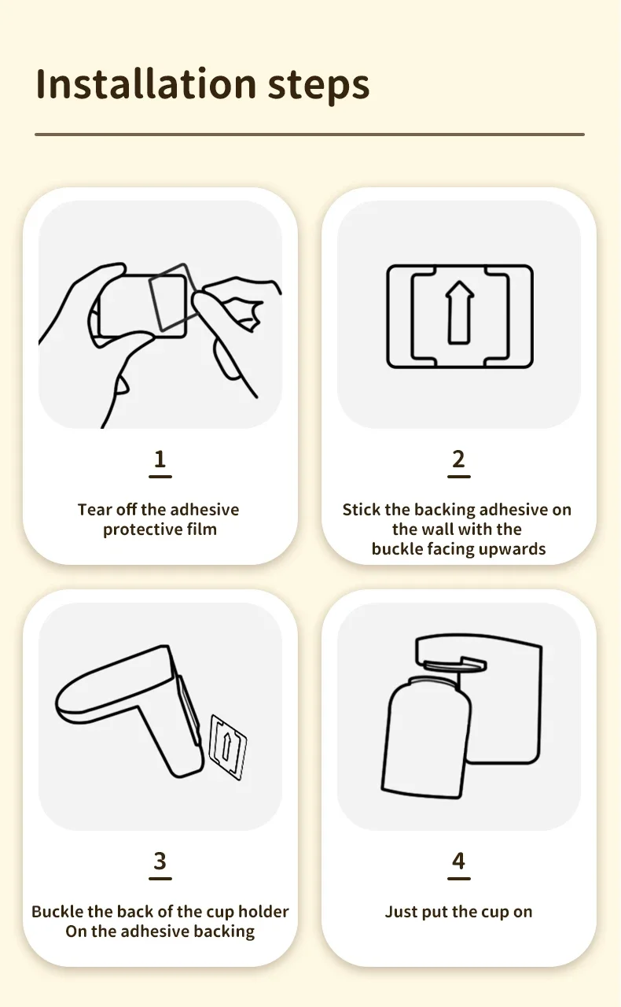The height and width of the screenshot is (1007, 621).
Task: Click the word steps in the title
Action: click(x=318, y=86)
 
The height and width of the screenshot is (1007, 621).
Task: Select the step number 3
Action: click(x=160, y=861)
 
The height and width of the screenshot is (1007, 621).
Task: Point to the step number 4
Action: click(x=458, y=861)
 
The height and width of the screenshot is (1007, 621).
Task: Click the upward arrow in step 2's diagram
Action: click(x=459, y=312)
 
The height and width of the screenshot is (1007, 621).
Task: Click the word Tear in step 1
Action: click(x=94, y=510)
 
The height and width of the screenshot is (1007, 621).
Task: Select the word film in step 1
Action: click(x=202, y=529)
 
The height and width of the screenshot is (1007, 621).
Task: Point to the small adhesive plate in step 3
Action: click(x=228, y=747)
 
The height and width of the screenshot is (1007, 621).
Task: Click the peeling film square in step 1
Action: click(x=173, y=297)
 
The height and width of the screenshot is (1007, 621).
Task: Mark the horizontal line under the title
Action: click(x=310, y=134)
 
